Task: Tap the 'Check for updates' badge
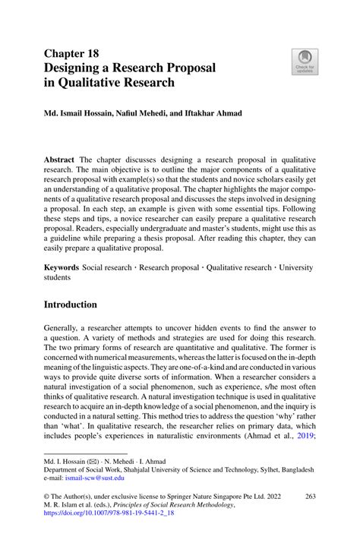click(305, 62)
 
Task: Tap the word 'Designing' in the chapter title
click(79, 68)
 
